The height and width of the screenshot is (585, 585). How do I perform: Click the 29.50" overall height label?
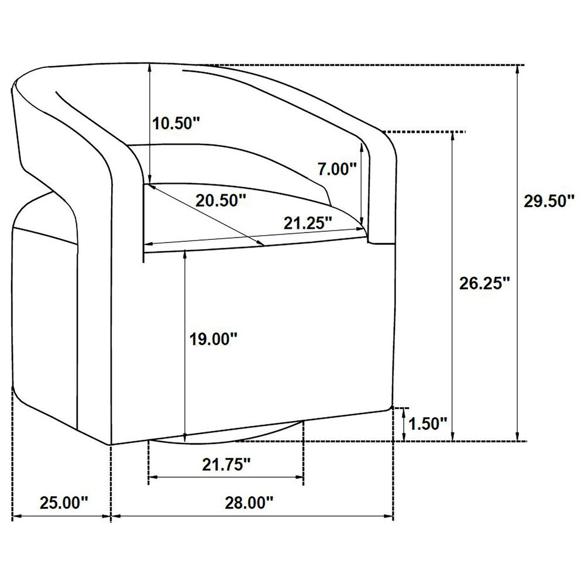(x=549, y=201)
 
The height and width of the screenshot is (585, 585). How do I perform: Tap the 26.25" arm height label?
(x=484, y=284)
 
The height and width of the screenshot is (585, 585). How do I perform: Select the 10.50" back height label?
(x=177, y=123)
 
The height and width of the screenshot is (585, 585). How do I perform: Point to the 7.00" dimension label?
(x=338, y=169)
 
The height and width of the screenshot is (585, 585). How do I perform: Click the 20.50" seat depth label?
(x=221, y=201)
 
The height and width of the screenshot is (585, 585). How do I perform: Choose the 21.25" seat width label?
(x=308, y=223)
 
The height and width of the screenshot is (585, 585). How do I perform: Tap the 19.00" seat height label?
(x=214, y=339)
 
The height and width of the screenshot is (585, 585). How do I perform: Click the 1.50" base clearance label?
(x=428, y=424)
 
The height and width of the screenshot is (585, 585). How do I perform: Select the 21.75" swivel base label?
(x=226, y=465)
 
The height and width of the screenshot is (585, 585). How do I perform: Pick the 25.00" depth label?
(x=64, y=503)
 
